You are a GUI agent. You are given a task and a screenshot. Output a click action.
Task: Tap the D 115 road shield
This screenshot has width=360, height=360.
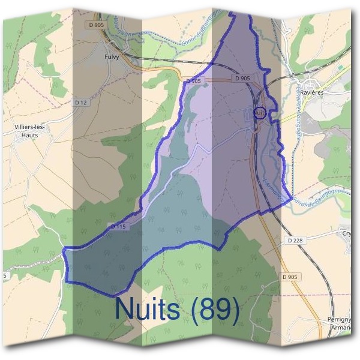118,226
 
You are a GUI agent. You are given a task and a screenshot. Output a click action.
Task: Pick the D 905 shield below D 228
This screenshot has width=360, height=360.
289,277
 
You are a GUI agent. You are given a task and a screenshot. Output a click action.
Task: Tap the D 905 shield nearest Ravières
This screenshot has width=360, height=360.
242,78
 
